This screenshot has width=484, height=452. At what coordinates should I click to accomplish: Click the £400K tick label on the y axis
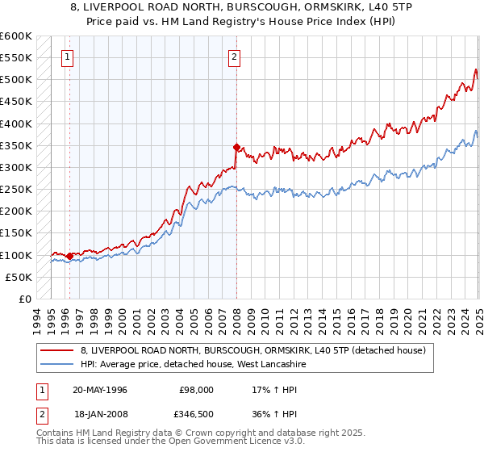16,123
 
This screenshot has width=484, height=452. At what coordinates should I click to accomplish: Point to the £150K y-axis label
16,233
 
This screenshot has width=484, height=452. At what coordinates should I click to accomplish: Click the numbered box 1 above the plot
66,56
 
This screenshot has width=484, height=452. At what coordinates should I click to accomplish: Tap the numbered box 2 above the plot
234,56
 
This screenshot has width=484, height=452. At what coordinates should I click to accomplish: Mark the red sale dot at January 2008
236,147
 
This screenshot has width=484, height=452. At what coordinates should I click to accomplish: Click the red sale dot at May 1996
70,256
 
